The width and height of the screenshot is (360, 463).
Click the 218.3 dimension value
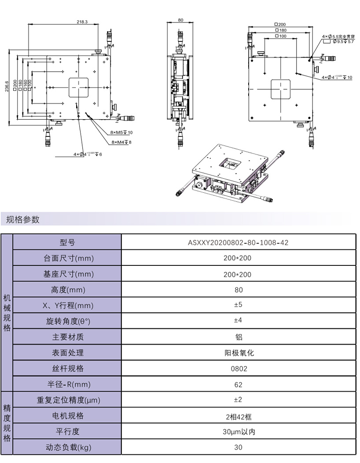point(82,22)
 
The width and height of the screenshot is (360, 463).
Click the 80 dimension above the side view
point(180,20)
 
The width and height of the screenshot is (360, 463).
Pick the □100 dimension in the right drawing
point(280,36)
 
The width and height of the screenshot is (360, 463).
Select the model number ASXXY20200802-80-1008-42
point(238,242)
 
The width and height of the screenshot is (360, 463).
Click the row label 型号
point(67,242)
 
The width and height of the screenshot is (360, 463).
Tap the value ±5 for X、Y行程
point(238,305)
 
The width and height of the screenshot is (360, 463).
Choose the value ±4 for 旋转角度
point(238,321)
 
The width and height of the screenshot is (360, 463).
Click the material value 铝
point(238,337)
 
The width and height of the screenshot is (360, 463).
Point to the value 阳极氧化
point(238,353)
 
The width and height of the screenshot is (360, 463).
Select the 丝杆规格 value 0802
point(238,368)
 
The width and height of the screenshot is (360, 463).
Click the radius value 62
point(238,384)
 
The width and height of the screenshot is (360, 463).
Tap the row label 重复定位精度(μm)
point(67,400)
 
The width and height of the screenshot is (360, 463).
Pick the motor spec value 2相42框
point(238,416)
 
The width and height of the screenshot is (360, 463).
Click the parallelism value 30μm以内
point(238,432)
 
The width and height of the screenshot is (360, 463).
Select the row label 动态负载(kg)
point(67,448)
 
